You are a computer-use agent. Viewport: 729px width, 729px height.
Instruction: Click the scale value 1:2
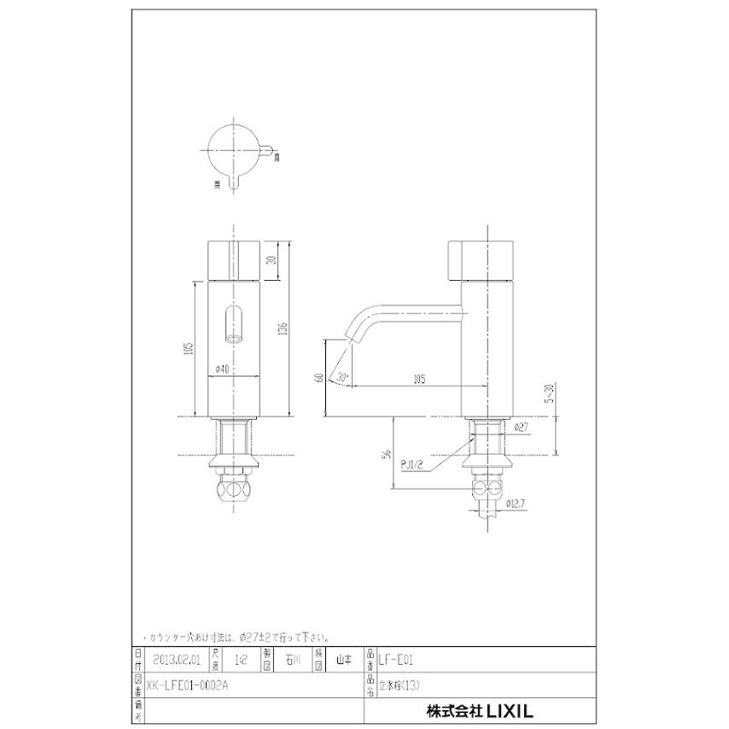(x=241, y=659)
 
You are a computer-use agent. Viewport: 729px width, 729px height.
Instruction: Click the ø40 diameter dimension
(x=219, y=369)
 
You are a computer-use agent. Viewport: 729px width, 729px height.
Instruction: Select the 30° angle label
(x=343, y=376)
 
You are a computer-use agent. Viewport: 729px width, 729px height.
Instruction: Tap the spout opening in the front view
(x=233, y=325)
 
